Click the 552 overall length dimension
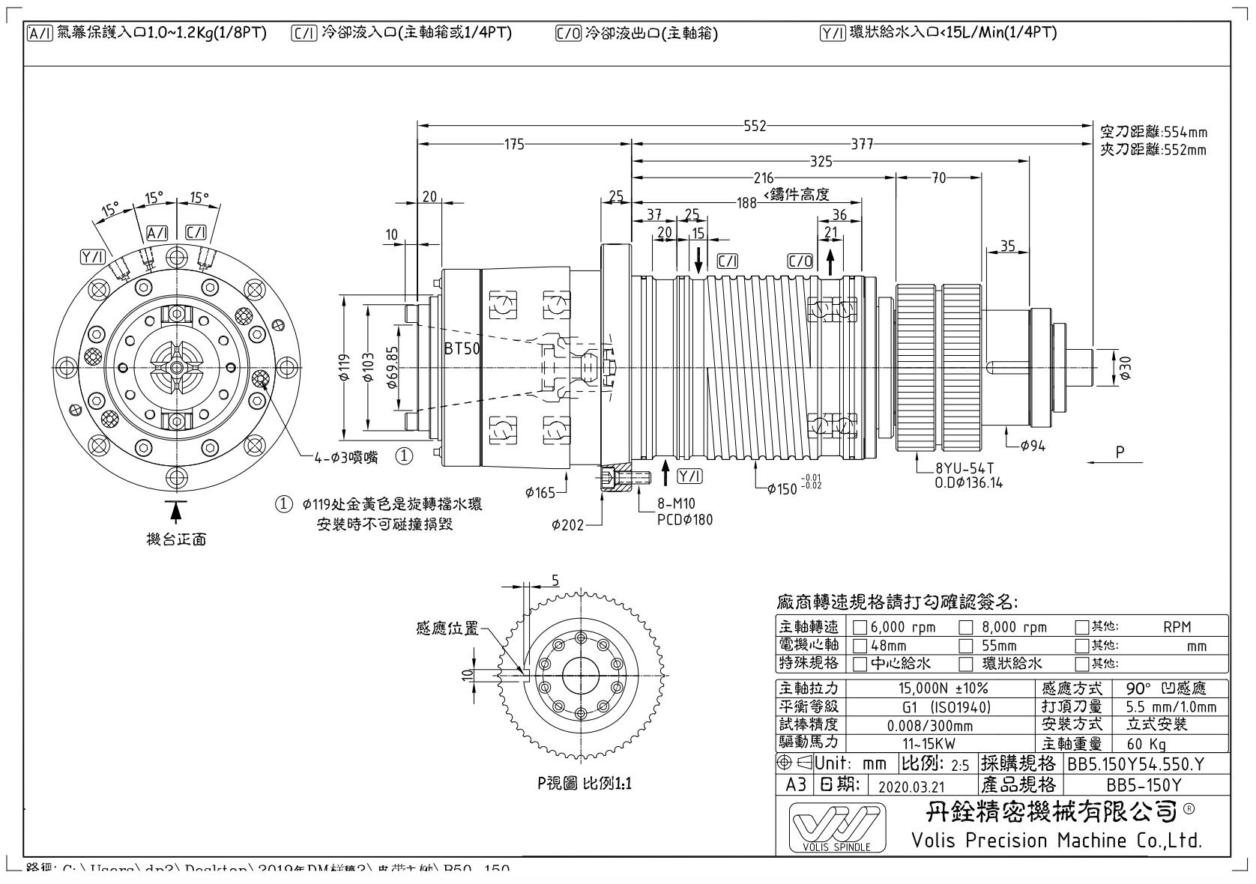(755, 126)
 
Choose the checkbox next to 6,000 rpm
(860, 628)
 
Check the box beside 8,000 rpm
(967, 628)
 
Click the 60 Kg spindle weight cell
(1147, 745)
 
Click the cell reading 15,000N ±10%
(943, 688)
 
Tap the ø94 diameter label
(1033, 446)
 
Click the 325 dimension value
(821, 161)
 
